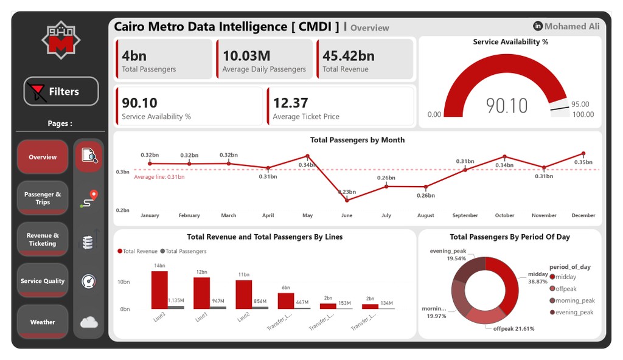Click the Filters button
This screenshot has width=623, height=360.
click(x=61, y=92)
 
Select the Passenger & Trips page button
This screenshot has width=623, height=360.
click(x=43, y=198)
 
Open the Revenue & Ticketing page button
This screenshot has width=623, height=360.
click(x=43, y=240)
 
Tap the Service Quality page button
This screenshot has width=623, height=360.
click(x=43, y=281)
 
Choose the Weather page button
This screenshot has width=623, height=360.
click(x=43, y=322)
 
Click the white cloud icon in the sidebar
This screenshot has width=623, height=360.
click(x=89, y=322)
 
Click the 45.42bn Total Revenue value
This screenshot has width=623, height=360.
click(x=349, y=56)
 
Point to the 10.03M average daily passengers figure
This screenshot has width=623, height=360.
click(x=246, y=56)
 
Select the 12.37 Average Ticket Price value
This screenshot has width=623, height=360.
click(x=291, y=103)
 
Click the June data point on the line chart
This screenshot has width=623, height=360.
click(x=347, y=199)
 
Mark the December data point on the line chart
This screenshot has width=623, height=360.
click(x=583, y=154)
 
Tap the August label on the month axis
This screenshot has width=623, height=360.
click(x=426, y=215)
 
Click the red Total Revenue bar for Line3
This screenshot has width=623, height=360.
click(x=159, y=290)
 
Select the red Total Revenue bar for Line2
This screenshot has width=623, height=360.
click(x=244, y=294)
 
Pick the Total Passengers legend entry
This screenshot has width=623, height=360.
click(x=184, y=251)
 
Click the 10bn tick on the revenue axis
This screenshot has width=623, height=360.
click(x=124, y=282)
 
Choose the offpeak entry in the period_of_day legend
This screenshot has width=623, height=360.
click(x=566, y=289)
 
